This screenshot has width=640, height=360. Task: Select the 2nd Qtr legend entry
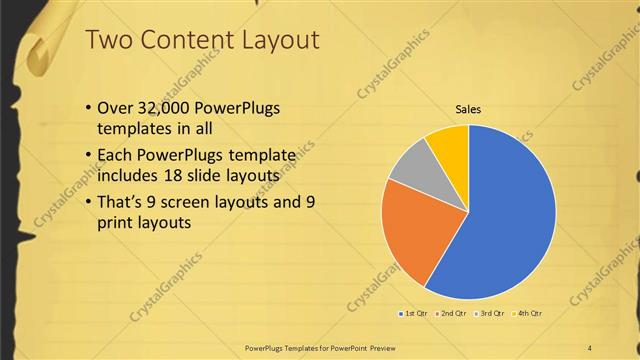pos(453,314)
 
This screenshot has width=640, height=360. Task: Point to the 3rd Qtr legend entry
pos(490,314)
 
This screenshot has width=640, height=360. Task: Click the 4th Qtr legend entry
pos(527,314)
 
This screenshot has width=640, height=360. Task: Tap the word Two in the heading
pos(108,40)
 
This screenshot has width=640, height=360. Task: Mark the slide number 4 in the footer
pos(589,347)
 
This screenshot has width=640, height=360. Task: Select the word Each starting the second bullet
pos(114,155)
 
